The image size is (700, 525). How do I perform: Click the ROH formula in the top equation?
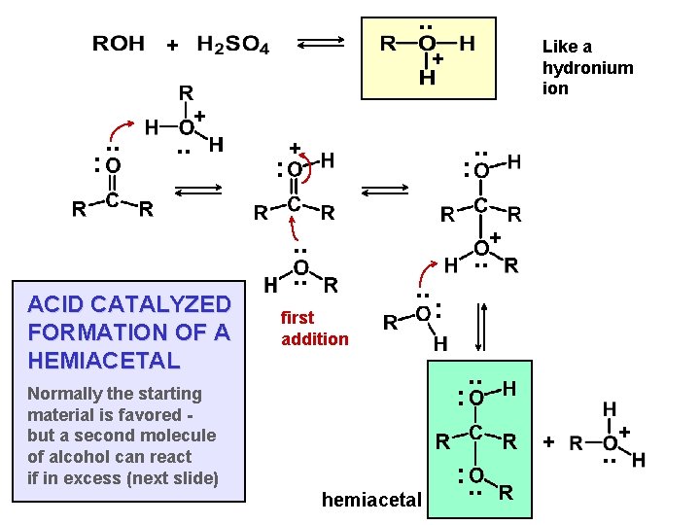(x=118, y=44)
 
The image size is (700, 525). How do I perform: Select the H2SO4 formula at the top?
(x=233, y=44)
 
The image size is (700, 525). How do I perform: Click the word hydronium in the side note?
(x=587, y=67)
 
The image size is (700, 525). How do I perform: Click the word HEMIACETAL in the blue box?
(x=104, y=360)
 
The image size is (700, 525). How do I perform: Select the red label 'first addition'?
(x=314, y=328)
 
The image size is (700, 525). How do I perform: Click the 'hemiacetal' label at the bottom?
(x=371, y=500)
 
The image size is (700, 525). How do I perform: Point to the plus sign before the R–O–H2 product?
(x=548, y=442)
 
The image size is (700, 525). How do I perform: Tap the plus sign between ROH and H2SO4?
(x=172, y=45)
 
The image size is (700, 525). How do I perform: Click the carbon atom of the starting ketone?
(x=113, y=203)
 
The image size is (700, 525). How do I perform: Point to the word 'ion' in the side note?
(x=555, y=88)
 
